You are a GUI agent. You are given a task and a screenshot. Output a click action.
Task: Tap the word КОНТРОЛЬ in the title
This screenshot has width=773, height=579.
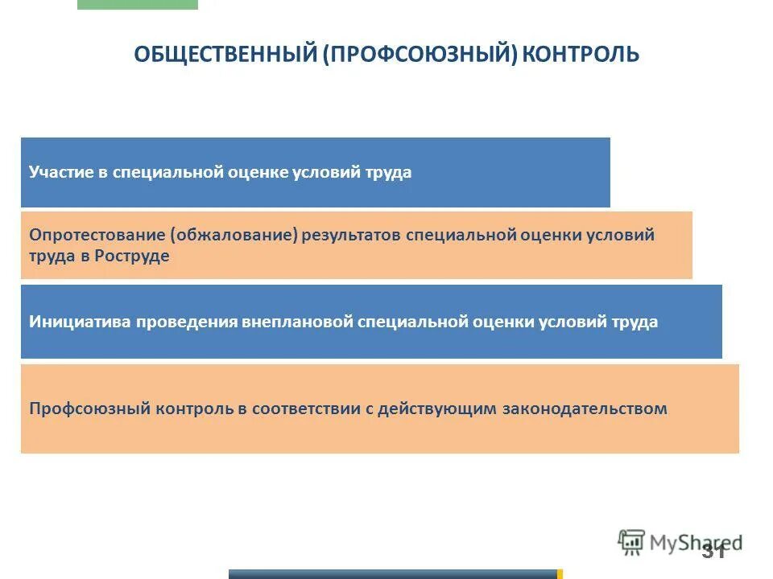pyautogui.click(x=581, y=55)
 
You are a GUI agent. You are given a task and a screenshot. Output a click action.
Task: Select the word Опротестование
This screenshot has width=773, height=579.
pyautogui.click(x=97, y=235)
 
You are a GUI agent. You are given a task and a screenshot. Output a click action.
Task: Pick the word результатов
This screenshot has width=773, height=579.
pyautogui.click(x=352, y=235)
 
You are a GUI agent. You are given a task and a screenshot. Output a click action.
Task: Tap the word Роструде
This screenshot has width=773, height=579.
pyautogui.click(x=132, y=257)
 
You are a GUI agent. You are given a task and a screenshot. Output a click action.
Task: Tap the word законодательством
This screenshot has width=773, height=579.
pyautogui.click(x=585, y=409)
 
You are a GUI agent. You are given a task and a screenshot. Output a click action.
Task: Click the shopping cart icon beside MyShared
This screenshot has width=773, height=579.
pyautogui.click(x=631, y=542)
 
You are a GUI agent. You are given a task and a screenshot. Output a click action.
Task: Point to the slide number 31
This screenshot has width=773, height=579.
pyautogui.click(x=713, y=551)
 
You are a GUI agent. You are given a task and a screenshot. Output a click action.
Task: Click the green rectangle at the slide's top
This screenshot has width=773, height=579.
pyautogui.click(x=137, y=4)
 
